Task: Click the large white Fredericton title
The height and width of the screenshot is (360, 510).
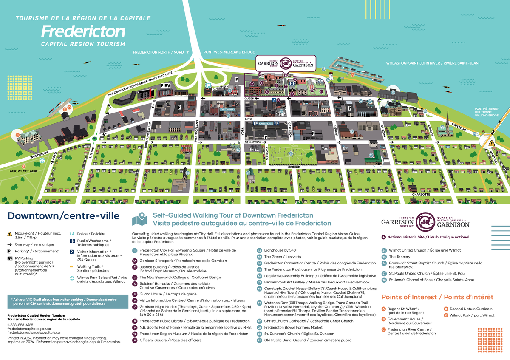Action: (x=83, y=31)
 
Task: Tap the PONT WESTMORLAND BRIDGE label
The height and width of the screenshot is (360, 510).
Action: (x=229, y=52)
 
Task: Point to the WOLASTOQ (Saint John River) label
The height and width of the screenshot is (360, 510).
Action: (x=433, y=63)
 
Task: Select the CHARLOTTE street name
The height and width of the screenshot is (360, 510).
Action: (x=421, y=194)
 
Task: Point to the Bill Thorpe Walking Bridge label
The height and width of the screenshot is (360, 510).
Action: (x=487, y=112)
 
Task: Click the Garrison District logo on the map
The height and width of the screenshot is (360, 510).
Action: (x=286, y=63)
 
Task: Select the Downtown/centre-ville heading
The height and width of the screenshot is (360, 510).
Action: (x=63, y=216)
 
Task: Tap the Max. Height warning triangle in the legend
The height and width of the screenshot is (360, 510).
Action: (x=10, y=234)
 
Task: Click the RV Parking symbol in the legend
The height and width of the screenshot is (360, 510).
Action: (x=10, y=258)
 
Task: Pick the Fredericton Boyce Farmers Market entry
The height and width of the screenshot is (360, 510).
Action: (x=293, y=327)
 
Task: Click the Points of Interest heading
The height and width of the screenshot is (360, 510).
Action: (x=437, y=297)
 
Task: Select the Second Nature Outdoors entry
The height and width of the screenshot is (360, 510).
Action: (x=471, y=309)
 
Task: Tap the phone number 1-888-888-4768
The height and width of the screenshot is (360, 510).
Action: (x=20, y=325)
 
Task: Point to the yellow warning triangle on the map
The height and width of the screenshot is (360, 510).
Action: (x=492, y=143)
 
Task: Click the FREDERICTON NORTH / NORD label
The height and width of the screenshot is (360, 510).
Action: (x=158, y=52)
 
